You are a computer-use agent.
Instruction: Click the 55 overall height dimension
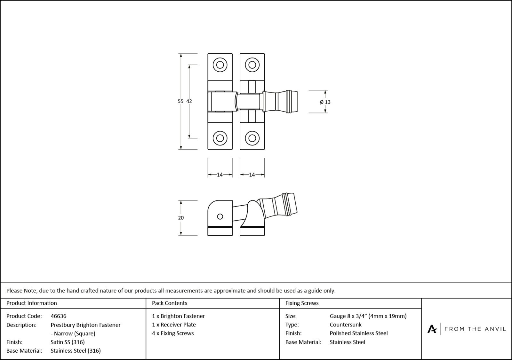coord(180,101)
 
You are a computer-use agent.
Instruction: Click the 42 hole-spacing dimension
coord(189,101)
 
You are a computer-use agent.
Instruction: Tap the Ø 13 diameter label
coord(325,102)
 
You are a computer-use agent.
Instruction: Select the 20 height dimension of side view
coord(181,218)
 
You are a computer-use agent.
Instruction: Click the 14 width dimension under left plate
coord(220,175)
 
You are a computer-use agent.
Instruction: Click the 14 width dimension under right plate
coord(252,175)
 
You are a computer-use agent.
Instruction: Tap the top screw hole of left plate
coord(220,65)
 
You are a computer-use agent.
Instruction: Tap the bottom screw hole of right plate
coord(252,138)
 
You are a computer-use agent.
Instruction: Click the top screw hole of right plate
coord(252,65)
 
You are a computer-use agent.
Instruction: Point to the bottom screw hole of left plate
coord(220,138)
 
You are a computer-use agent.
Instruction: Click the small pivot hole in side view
coord(220,216)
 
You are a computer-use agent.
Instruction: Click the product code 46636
coord(59,316)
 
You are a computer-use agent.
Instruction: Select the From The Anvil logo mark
coord(432,329)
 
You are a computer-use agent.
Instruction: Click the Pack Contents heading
coord(170,303)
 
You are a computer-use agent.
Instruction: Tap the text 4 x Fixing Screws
coord(173,333)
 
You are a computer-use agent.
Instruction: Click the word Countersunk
coord(346,325)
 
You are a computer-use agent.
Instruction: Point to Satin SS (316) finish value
coord(68,342)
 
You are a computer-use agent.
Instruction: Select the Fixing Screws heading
coord(302,303)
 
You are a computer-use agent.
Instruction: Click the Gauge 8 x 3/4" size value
coord(368,316)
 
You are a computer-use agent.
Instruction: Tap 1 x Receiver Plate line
coord(174,325)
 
